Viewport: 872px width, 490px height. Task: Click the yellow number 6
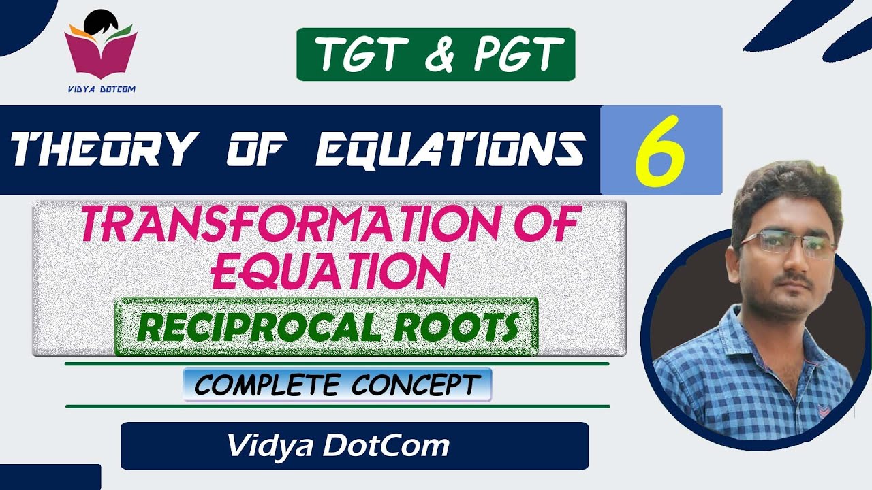click(x=659, y=151)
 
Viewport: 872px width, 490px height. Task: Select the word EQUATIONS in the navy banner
click(x=450, y=150)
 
